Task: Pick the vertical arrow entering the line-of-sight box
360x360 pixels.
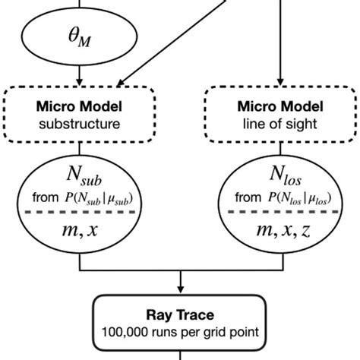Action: click(281, 46)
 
